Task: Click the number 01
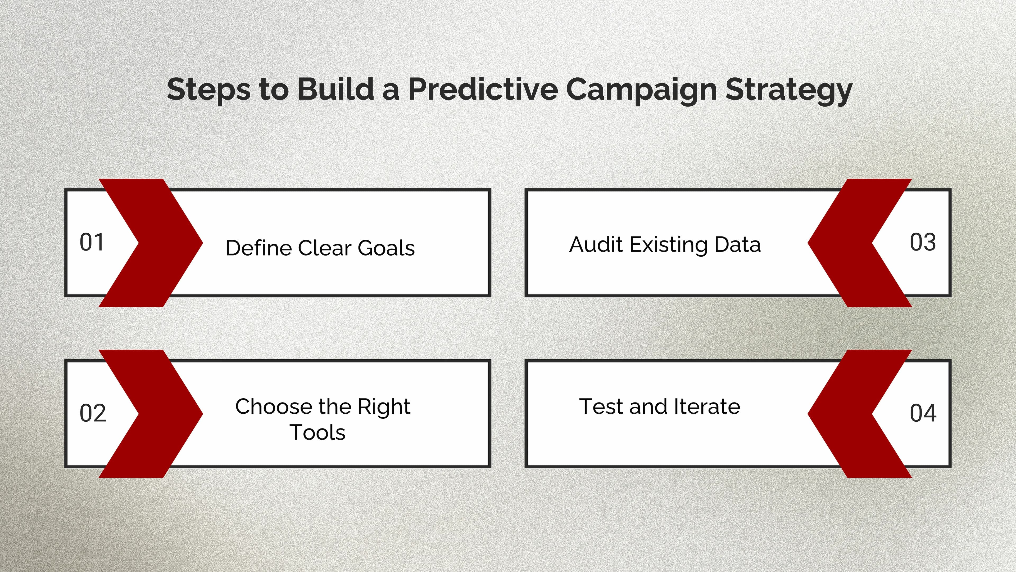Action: [x=92, y=242]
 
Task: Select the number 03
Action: [x=923, y=242]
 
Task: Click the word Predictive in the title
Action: [x=483, y=89]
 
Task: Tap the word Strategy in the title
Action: [x=789, y=90]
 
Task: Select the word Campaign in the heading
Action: [x=641, y=90]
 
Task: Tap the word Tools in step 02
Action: [x=317, y=432]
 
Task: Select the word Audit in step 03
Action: [x=596, y=244]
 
